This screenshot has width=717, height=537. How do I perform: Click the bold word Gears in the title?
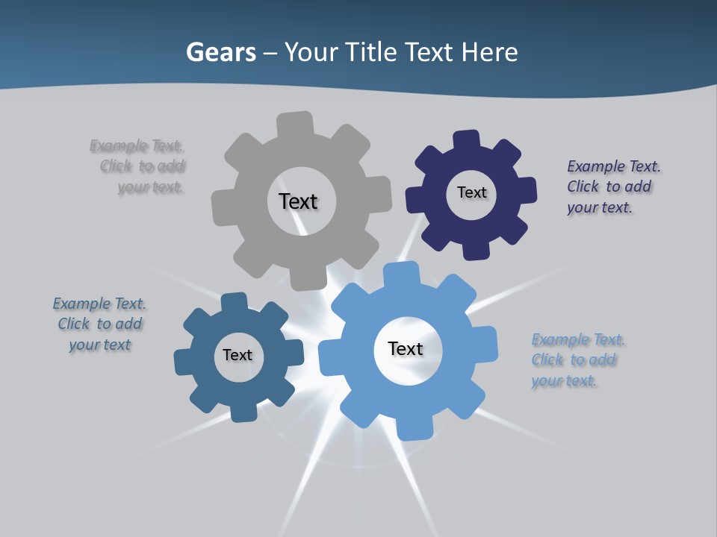(x=220, y=52)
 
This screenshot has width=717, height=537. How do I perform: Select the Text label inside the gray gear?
(x=298, y=201)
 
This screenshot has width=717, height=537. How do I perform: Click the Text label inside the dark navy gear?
(x=471, y=192)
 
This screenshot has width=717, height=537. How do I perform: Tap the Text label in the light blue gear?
(x=406, y=348)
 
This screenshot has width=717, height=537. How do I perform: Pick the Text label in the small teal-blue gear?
(x=238, y=355)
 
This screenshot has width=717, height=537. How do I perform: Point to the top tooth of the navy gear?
(x=466, y=140)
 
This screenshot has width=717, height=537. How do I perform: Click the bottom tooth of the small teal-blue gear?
(x=243, y=412)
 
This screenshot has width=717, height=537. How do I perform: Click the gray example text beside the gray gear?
(x=138, y=166)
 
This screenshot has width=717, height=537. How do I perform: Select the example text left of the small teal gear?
(x=99, y=324)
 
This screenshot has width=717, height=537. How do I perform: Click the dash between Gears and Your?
(x=270, y=52)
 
